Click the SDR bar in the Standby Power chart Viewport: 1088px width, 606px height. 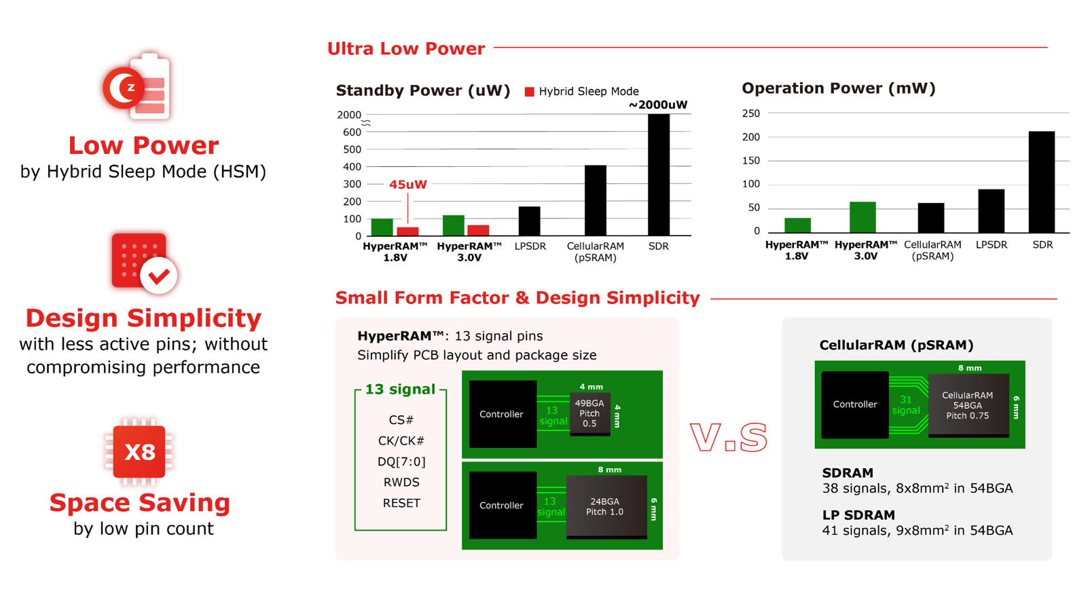(659, 175)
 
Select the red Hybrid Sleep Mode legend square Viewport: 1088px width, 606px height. (530, 92)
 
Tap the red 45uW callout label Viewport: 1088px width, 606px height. (408, 185)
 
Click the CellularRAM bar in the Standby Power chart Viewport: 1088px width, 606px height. (596, 200)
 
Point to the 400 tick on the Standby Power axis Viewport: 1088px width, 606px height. (352, 167)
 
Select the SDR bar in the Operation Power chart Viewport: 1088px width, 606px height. (1042, 182)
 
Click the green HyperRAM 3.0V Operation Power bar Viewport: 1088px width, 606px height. (863, 217)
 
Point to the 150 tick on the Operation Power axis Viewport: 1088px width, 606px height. (751, 161)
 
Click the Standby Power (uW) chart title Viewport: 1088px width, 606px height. (422, 91)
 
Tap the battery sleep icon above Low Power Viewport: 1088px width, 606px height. (137, 87)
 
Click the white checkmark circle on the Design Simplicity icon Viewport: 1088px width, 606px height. (159, 276)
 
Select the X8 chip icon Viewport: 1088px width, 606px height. (139, 451)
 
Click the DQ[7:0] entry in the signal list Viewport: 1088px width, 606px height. (401, 461)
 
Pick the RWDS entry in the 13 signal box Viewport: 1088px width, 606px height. (401, 482)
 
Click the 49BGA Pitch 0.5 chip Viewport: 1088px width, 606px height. (590, 414)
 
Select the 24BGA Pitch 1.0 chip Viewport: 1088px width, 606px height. (606, 506)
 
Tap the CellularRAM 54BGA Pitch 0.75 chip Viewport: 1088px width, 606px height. (968, 406)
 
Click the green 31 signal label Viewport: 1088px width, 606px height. (906, 405)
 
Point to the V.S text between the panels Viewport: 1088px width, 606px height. (729, 437)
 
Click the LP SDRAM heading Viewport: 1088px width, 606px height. (858, 515)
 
